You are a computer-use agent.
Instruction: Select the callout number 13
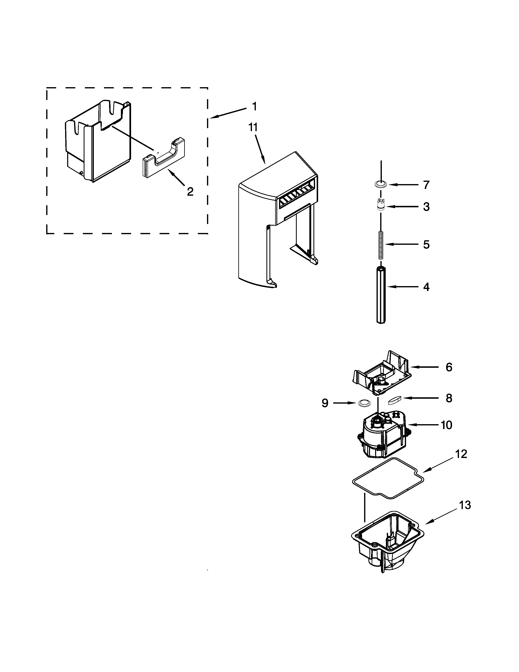pyautogui.click(x=465, y=505)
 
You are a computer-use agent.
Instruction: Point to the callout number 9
pyautogui.click(x=325, y=403)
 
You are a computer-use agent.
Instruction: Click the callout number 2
pyautogui.click(x=190, y=192)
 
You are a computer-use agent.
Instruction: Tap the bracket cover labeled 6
pyautogui.click(x=381, y=372)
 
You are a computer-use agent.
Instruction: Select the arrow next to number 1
pyautogui.click(x=229, y=113)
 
